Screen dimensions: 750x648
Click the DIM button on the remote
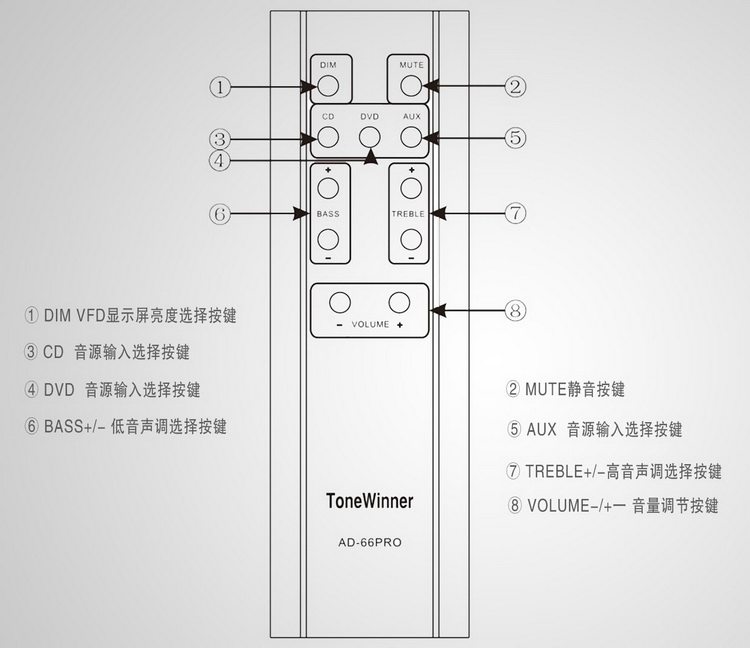coord(328,86)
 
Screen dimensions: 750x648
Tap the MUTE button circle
coord(411,86)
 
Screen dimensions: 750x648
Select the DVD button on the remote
coord(370,137)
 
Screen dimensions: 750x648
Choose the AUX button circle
coord(411,137)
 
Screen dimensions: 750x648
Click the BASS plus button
coord(328,188)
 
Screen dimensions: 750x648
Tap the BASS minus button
coord(328,240)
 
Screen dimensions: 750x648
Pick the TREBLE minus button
coord(411,240)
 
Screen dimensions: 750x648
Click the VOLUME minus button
coord(340,302)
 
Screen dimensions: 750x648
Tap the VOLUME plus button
coord(399,302)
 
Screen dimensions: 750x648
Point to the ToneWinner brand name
coord(370,501)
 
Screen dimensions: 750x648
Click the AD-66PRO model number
coord(370,542)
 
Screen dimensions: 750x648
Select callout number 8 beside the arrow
coord(515,311)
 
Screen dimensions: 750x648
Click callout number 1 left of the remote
coord(220,87)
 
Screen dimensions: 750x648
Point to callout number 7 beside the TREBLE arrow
coord(515,213)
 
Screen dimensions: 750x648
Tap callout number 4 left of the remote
coord(220,160)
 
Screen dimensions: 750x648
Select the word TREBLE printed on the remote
coord(408,214)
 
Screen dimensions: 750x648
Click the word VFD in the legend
coord(91,316)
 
